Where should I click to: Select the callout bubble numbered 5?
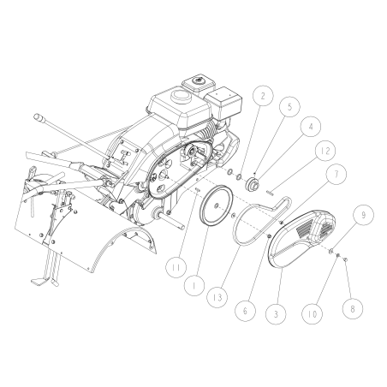(289, 109)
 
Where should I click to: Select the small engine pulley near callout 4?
(252, 186)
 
